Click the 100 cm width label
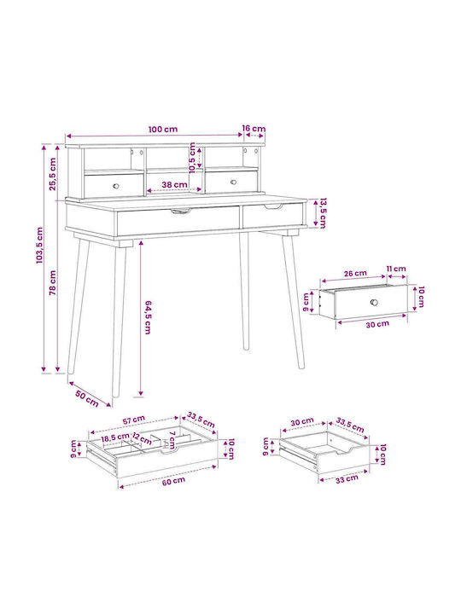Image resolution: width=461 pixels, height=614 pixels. point(163,130)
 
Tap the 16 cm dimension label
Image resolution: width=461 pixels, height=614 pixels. point(254,129)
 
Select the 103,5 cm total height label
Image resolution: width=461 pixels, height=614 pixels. point(39,245)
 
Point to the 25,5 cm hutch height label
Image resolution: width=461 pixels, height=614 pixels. point(53,174)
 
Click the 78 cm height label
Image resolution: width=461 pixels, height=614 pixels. point(53,283)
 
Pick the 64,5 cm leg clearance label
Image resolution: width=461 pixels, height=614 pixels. point(148,317)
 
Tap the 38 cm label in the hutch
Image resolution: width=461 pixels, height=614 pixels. point(174,184)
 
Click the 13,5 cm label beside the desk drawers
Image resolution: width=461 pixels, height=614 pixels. point(322,213)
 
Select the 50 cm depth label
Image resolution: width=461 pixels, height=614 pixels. point(87,398)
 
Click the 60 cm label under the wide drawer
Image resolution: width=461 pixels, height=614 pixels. point(173,481)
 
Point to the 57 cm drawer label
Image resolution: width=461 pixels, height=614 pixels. point(134,420)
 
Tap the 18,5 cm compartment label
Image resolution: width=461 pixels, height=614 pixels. point(115,437)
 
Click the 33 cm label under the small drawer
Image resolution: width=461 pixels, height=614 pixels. point(347,479)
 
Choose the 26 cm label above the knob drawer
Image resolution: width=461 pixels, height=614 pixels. point(355,274)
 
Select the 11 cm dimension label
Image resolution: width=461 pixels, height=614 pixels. point(396,269)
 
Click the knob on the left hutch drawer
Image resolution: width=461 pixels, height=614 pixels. point(116,186)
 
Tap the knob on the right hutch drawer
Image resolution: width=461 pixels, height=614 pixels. point(233,182)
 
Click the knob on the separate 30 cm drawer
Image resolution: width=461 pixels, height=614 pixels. point(374,302)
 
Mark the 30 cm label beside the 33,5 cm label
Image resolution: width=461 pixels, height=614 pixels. point(302,422)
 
